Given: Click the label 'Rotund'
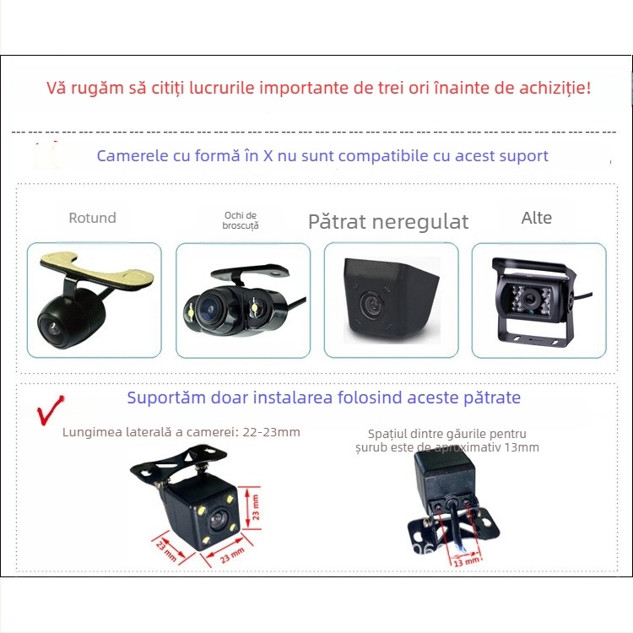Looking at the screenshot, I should [92, 218].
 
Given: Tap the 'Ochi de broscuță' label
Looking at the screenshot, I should [241, 219].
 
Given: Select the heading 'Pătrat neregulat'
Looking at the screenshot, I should [388, 221].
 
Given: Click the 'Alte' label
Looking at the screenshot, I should [537, 218].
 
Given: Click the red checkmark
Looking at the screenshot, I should [51, 411].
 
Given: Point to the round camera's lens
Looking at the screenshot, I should [52, 324].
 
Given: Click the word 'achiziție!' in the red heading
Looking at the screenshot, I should [554, 88].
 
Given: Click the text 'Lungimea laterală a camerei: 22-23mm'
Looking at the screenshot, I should [181, 432].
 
